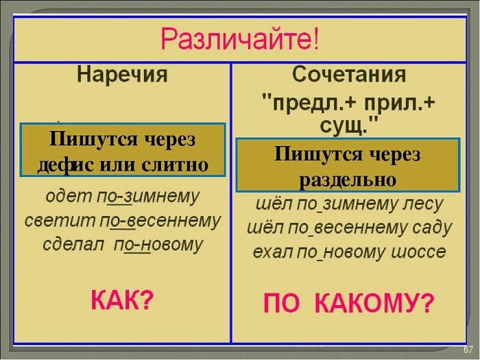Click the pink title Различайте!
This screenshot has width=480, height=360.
[x=240, y=40]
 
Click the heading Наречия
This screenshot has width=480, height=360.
[x=122, y=74]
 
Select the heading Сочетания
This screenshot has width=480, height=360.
[x=349, y=74]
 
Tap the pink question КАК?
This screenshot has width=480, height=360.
[x=122, y=300]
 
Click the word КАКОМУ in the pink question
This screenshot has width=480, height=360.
[x=374, y=303]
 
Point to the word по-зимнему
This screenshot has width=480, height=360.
[x=148, y=197]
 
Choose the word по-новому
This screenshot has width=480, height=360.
[x=158, y=245]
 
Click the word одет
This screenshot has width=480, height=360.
[x=69, y=196]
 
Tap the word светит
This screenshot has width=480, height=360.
[x=60, y=220]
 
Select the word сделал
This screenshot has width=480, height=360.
[x=73, y=245]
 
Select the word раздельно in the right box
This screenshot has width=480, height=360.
[x=348, y=180]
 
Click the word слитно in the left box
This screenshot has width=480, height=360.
[x=175, y=165]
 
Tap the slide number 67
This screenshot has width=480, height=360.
[x=468, y=350]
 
